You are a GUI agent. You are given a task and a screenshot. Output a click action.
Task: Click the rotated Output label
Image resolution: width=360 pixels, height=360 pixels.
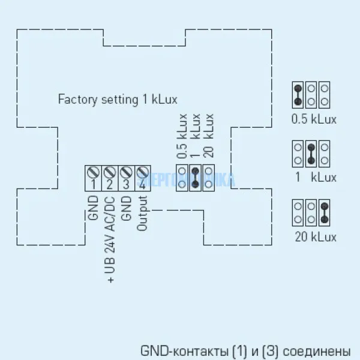[x=142, y=211]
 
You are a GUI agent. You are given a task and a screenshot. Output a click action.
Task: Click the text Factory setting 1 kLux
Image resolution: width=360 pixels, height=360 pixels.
[x=118, y=99]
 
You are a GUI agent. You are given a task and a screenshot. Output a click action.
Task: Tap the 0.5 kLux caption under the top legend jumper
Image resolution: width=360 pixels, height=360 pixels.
[x=313, y=119]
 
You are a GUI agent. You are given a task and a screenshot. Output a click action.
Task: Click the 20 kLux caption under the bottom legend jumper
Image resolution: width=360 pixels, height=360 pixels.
[x=316, y=236]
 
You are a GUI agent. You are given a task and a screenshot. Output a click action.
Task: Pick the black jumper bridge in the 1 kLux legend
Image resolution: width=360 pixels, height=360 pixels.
[x=311, y=153]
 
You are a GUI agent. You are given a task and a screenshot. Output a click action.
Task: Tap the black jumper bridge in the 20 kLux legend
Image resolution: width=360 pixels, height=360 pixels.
[x=325, y=212]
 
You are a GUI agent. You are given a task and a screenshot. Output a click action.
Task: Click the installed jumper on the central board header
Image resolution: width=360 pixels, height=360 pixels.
[x=194, y=178]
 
